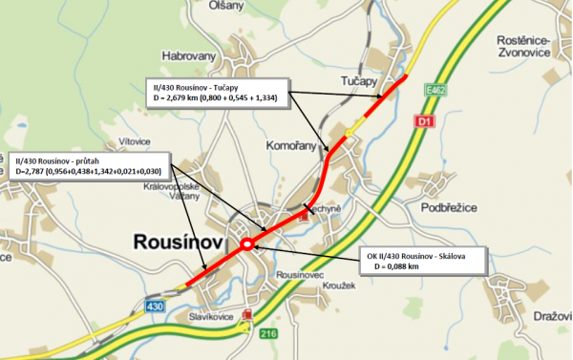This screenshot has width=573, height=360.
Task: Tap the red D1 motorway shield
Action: tap(426, 122)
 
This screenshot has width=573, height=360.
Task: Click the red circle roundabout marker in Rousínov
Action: tap(247, 244)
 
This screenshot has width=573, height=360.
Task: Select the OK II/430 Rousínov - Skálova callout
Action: tap(423, 261)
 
